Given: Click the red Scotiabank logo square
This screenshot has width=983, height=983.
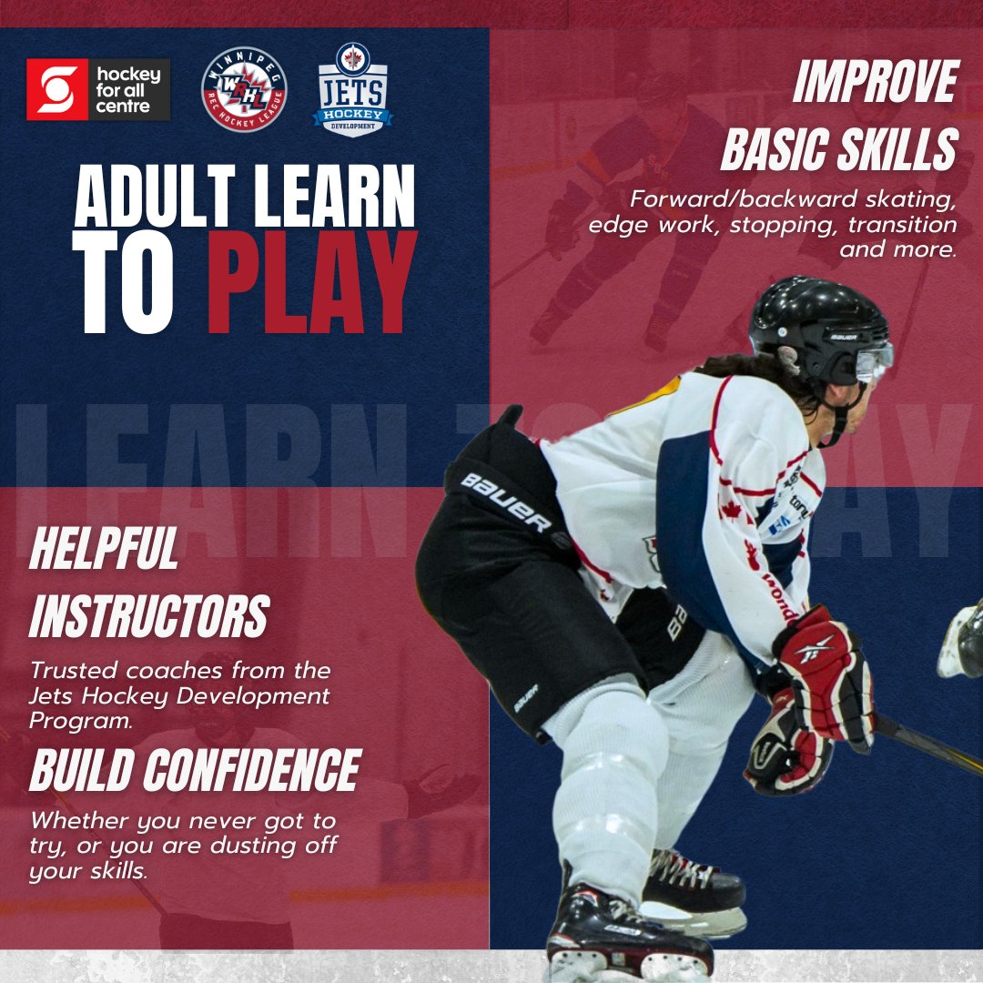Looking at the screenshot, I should [x=56, y=89].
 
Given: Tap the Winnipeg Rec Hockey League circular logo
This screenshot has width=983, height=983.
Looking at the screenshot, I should [x=244, y=90].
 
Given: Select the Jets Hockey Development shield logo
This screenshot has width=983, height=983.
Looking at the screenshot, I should [x=352, y=90].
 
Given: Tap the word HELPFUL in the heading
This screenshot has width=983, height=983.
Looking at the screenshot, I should [x=104, y=551].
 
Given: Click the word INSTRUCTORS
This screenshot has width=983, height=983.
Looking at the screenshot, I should [x=149, y=617].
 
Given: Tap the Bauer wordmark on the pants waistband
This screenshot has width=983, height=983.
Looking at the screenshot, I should [x=506, y=502].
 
